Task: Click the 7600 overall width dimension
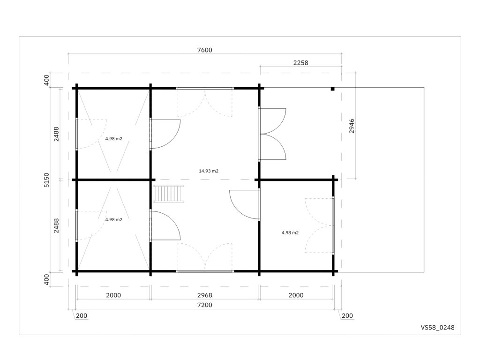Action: [x=204, y=50]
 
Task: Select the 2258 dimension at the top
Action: [x=300, y=63]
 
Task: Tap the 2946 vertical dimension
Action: [x=352, y=126]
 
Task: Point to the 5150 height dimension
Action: [x=46, y=180]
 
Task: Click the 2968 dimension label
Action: [x=204, y=295]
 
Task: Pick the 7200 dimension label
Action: [x=204, y=305]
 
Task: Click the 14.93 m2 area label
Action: [x=209, y=171]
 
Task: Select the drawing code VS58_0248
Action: [x=437, y=328]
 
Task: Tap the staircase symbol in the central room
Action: [x=169, y=194]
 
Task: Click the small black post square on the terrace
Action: [x=332, y=89]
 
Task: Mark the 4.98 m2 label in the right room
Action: [x=290, y=232]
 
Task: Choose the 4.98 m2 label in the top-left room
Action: [x=113, y=139]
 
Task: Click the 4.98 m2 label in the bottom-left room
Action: [x=113, y=219]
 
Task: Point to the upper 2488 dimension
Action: [x=56, y=134]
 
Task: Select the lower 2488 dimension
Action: [x=56, y=225]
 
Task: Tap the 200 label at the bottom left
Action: [x=82, y=315]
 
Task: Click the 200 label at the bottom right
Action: [x=347, y=315]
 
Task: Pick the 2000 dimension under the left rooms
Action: [x=113, y=295]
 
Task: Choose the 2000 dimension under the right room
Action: [x=296, y=295]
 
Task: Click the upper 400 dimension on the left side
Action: [x=46, y=80]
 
